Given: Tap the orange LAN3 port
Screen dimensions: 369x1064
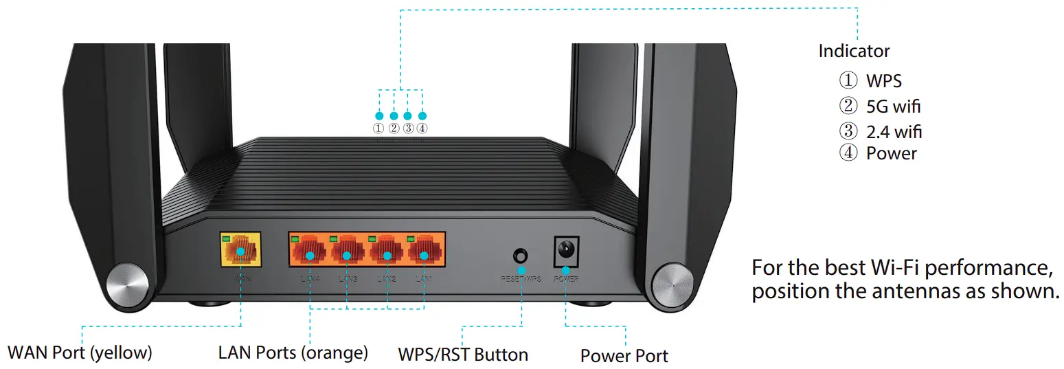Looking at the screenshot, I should [348, 252].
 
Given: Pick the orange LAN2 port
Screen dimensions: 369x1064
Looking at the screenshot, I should [387, 252].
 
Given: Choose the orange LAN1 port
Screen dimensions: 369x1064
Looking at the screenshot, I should [425, 252].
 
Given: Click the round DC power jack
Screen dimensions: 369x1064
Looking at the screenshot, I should [566, 248].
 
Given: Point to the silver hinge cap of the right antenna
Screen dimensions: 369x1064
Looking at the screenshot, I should [670, 282].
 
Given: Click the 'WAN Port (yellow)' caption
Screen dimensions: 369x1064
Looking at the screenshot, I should [80, 353].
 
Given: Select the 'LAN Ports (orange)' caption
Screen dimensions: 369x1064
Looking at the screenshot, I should [293, 353].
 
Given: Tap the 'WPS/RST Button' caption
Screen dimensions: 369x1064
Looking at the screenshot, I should [463, 355].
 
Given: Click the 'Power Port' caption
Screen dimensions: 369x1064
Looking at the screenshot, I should [624, 356].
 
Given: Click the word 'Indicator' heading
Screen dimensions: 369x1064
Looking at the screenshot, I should [854, 51].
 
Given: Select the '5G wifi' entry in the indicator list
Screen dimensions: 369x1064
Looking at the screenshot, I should [893, 107].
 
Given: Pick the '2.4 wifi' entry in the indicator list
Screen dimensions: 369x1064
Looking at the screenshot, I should [894, 131].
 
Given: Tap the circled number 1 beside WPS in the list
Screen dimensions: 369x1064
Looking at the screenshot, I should [848, 81].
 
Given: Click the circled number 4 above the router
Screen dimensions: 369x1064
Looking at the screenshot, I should [422, 128].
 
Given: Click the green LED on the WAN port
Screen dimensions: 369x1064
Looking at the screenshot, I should [225, 238].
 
